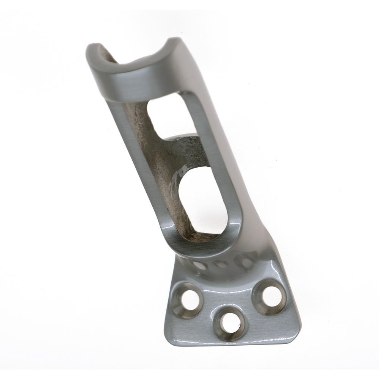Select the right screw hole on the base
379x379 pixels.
pos(271,296)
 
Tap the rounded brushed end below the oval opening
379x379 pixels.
pos(201,248)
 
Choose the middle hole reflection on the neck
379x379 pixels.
pos(220,264)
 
